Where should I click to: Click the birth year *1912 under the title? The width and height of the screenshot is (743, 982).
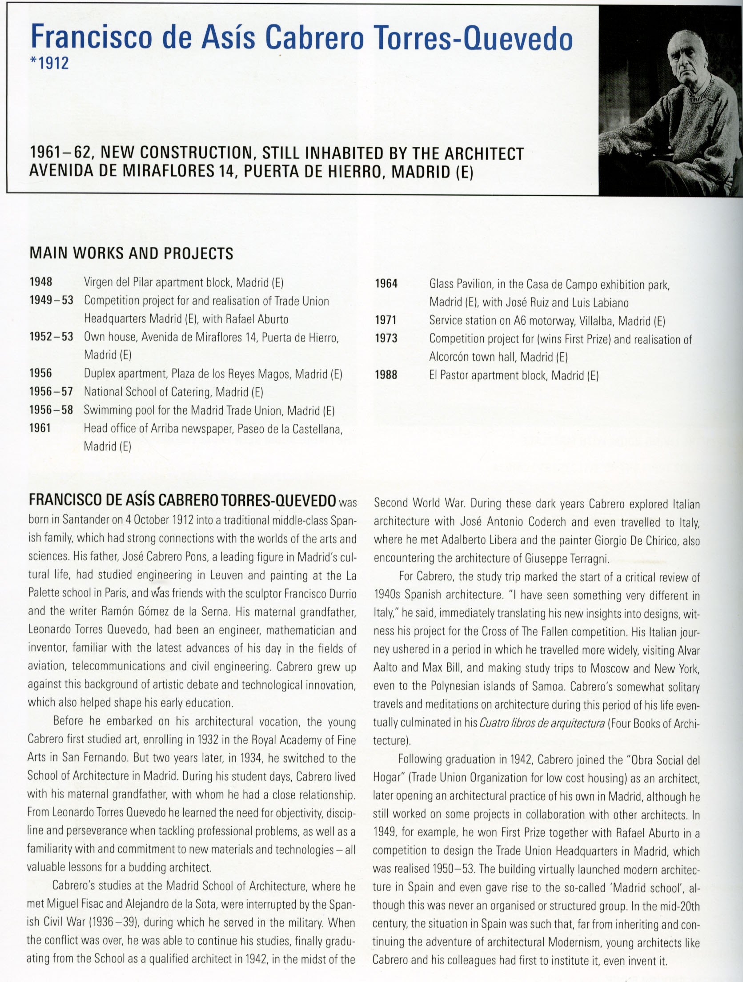(49, 63)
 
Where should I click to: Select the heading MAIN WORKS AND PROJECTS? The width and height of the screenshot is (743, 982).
(131, 254)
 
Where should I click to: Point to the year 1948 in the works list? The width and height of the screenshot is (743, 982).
(41, 282)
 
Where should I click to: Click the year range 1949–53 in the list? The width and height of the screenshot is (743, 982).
(51, 300)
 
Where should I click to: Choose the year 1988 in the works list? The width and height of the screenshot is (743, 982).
(386, 375)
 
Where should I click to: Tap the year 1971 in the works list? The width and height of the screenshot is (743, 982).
(386, 320)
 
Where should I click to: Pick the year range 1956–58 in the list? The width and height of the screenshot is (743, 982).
(51, 410)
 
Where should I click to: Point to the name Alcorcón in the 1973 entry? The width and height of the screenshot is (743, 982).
(448, 357)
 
